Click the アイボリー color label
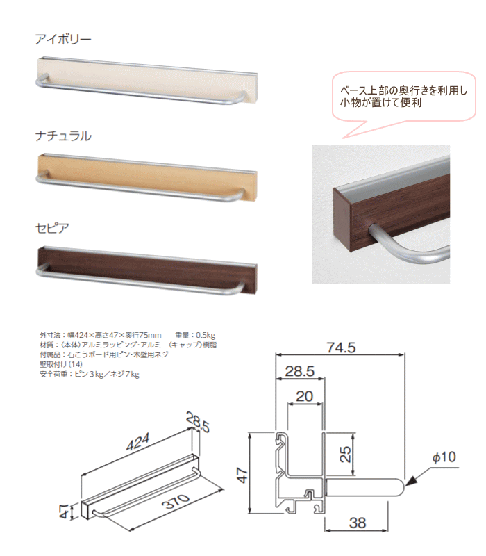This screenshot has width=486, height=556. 63,39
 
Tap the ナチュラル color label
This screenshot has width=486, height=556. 63,136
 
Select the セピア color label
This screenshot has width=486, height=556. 52,228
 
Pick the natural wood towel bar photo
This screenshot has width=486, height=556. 146,178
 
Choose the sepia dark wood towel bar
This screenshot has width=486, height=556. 146,270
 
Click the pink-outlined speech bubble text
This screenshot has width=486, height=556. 403,97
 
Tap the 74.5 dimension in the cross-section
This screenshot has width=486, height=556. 341,347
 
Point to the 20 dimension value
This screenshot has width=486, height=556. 305,396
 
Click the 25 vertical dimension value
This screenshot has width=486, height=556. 345,454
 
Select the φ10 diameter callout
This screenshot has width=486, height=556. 444,457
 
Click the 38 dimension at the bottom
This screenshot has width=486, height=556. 358,523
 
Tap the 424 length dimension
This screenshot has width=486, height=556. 137,442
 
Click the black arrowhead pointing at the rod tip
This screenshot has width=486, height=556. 411,481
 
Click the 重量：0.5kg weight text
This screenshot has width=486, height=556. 195,335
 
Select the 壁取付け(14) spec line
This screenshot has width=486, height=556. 61,364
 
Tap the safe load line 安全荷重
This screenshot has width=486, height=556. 90,374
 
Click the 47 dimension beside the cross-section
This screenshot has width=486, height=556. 242,475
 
